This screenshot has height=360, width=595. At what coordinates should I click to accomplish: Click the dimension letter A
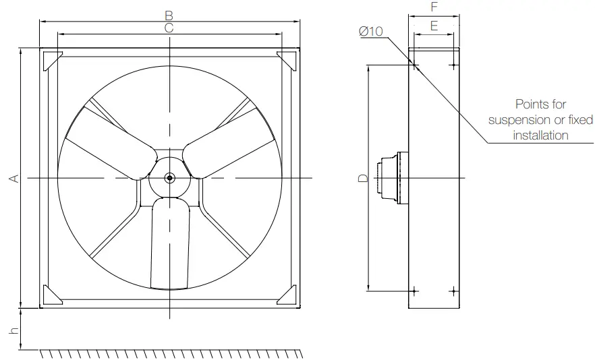click(x=13, y=178)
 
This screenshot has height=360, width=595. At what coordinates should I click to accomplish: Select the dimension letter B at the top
click(x=169, y=14)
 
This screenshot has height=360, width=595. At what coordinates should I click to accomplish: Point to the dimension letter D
click(x=362, y=178)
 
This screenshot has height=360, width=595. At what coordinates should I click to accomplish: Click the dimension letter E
click(x=434, y=26)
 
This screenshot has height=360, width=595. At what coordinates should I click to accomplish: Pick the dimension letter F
click(x=434, y=7)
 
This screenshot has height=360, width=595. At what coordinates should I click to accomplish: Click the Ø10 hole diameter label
click(x=371, y=32)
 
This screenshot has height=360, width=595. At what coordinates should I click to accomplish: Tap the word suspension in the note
click(x=517, y=120)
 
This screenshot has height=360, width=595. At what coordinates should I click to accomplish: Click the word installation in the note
click(x=540, y=135)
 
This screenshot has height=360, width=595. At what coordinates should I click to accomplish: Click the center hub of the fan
click(x=169, y=178)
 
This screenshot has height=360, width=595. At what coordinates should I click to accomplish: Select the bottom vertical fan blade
click(x=169, y=243)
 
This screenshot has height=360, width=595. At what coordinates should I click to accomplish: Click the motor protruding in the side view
click(x=392, y=178)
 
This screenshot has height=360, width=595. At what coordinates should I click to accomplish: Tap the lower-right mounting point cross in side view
click(x=453, y=291)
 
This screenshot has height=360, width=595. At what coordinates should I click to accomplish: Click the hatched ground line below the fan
click(x=169, y=353)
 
